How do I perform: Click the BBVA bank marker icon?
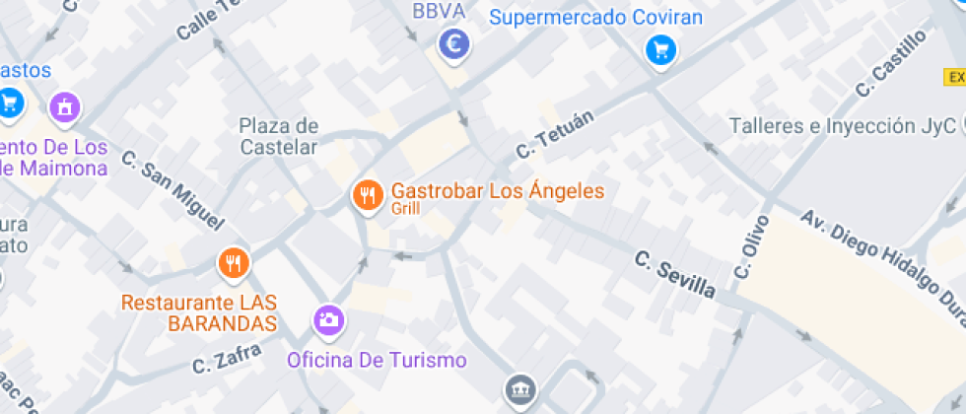[453, 43]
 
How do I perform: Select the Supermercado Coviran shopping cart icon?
[660, 50]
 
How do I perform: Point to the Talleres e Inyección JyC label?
[843, 126]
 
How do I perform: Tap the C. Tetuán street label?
[556, 135]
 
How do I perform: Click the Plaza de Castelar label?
[279, 136]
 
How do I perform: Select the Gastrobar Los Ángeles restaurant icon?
[368, 194]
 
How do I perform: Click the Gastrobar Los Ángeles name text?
[498, 190]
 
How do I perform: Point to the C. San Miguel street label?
[172, 191]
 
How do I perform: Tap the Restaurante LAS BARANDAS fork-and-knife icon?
[234, 263]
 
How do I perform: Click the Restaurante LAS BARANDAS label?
[198, 311]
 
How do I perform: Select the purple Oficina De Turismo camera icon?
[328, 319]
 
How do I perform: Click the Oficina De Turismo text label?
[377, 360]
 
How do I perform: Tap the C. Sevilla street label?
[674, 275]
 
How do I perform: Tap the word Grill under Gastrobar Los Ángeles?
[405, 209]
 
